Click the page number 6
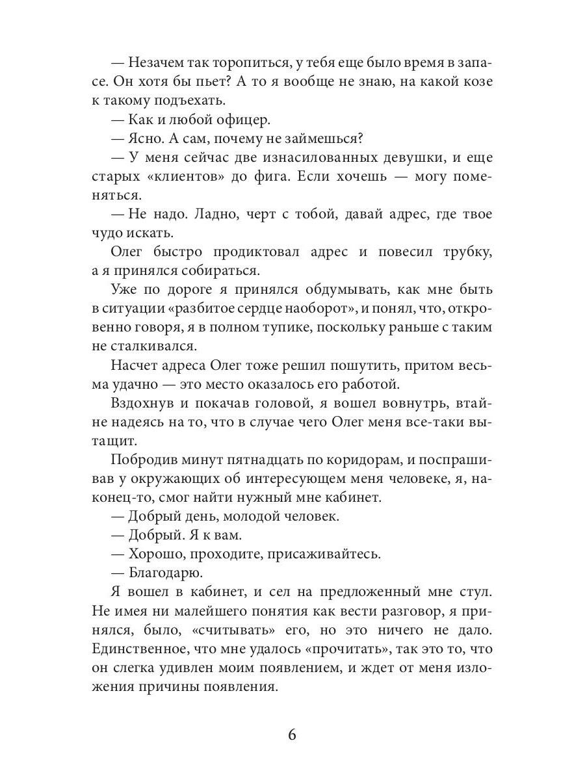click(x=292, y=735)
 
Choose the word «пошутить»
click(x=327, y=365)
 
